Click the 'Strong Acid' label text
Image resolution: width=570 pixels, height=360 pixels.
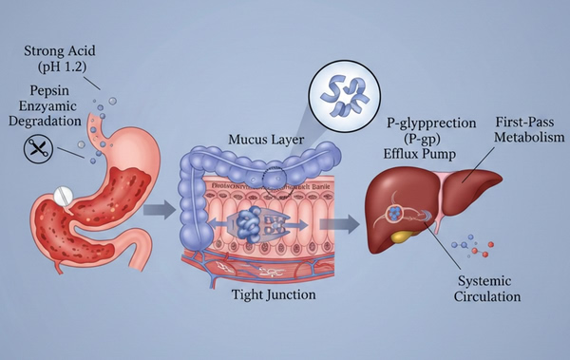pyautogui.click(x=59, y=49)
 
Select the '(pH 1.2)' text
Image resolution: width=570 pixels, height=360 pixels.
pyautogui.click(x=58, y=68)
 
